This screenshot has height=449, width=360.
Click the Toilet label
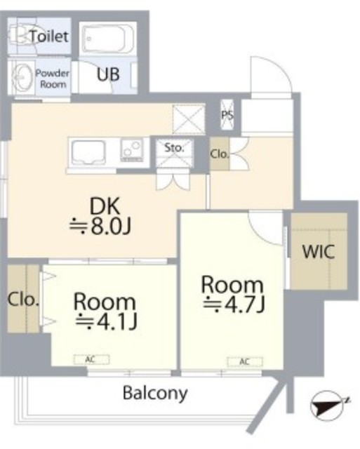click(49, 36)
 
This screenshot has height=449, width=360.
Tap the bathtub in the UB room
click(107, 39)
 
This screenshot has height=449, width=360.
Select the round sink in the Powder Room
click(22, 77)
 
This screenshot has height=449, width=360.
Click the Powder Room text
click(53, 79)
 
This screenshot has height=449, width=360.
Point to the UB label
click(108, 74)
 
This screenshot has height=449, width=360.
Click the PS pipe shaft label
click(227, 115)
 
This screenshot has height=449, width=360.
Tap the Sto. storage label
click(174, 148)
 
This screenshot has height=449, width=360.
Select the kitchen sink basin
click(88, 153)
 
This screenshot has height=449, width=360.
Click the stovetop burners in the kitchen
click(132, 149)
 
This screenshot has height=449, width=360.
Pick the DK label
click(105, 206)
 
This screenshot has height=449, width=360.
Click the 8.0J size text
click(100, 227)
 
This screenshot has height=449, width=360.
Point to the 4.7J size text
click(234, 304)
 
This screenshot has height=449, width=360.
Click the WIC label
click(319, 252)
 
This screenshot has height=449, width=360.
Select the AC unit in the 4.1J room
click(92, 359)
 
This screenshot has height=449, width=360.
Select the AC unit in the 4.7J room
click(245, 362)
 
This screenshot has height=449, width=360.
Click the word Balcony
click(155, 394)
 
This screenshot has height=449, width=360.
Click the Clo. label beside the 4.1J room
click(22, 300)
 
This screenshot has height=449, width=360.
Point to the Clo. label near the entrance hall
click(220, 154)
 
